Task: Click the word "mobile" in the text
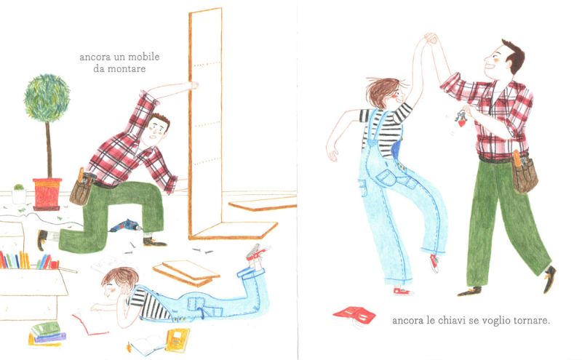(x=144, y=57)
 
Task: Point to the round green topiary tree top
(x=47, y=98)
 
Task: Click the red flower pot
(x=47, y=193)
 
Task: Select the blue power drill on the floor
(x=125, y=225)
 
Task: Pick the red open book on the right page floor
(x=354, y=314)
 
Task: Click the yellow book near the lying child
(x=177, y=340)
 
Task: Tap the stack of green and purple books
(x=47, y=334)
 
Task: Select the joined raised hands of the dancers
(x=431, y=39)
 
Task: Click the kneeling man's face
(x=156, y=132)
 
